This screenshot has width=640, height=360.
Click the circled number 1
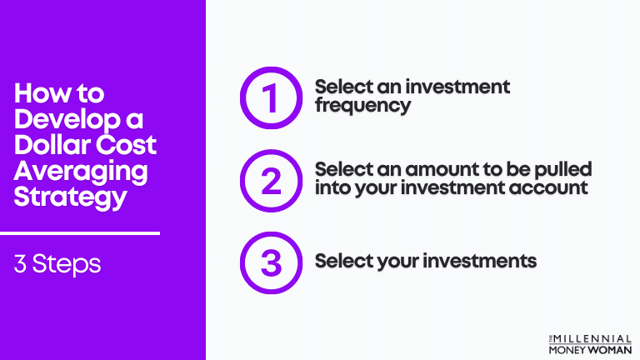pos(270,98)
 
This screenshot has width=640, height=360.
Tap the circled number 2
pos(270,179)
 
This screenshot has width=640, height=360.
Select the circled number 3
pos(270,261)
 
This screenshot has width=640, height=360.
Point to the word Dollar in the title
pos(48,145)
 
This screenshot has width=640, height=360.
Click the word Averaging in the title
pos(81,172)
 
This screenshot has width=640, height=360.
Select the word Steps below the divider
pos(68,265)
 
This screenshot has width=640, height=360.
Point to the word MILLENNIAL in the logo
pos(595,337)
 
